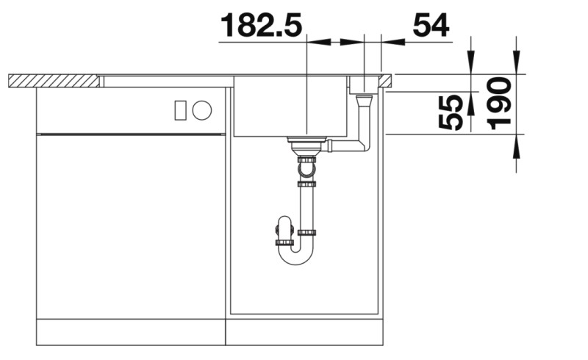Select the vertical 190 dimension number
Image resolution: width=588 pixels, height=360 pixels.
pos(500,104)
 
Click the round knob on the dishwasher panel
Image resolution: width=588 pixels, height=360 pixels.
pos(202,111)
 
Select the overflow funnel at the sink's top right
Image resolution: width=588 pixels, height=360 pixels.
pos(362,86)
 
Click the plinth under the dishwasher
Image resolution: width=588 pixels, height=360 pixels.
pos(131,331)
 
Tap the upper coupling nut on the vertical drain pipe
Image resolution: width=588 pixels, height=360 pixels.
pos(306,159)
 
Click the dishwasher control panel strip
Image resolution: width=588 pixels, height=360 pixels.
pos(131,111)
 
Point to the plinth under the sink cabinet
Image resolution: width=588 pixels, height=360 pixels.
pos(304,331)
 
